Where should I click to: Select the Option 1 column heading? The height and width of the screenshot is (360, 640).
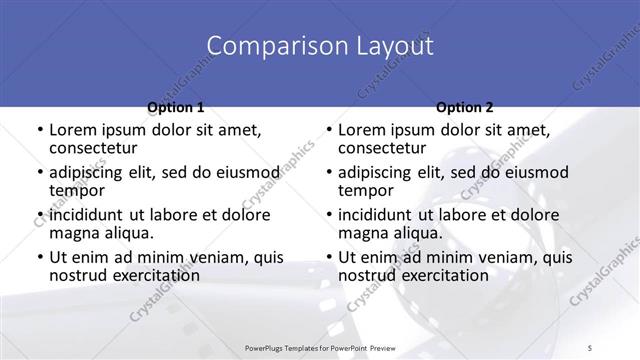(175, 107)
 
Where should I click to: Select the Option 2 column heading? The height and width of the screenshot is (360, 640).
(464, 107)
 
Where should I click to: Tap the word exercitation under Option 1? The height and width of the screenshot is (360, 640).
(157, 275)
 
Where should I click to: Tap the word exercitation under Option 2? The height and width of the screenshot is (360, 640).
(446, 275)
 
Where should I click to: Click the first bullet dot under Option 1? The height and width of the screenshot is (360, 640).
(39, 130)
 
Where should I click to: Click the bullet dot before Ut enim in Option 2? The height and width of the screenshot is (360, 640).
(328, 258)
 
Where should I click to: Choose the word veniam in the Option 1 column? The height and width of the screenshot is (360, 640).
(197, 257)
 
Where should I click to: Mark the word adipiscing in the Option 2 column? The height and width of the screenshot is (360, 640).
(375, 172)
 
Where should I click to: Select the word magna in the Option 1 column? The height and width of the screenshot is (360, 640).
(72, 233)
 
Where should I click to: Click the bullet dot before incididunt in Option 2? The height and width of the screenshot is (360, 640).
(328, 215)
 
